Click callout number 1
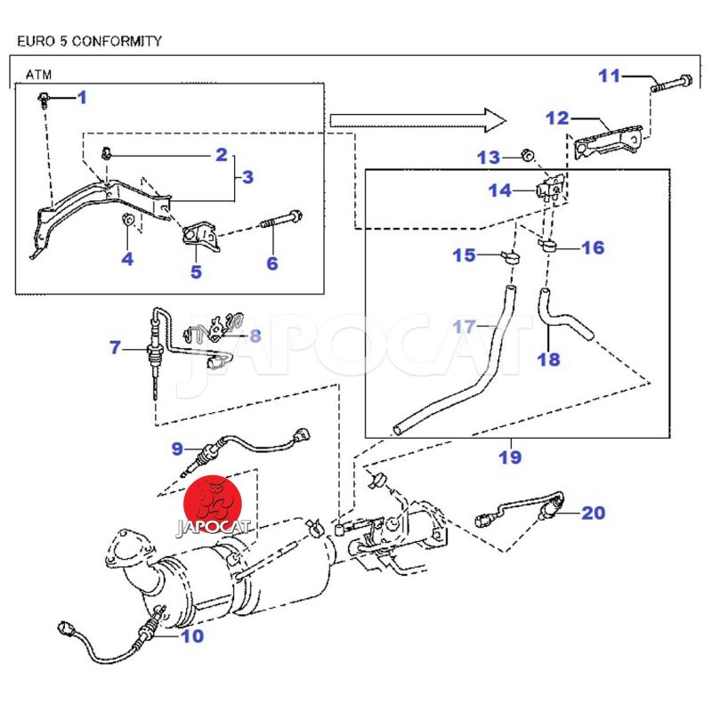pos(83,97)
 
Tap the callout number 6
pos(272,263)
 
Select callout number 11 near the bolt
pos(609,76)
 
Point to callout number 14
pos(499,190)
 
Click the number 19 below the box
pos(510,457)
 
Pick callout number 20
pos(594,513)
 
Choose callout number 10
pos(192,636)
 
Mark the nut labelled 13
pos(527,158)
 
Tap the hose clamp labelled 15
pos(510,258)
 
